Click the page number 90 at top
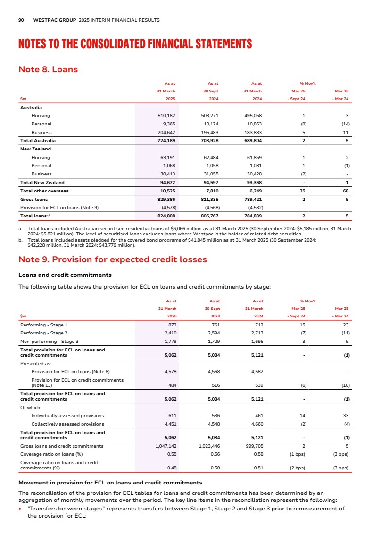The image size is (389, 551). coord(21,20)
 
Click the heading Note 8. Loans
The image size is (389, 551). coord(48,70)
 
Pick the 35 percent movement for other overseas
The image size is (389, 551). coord(304,191)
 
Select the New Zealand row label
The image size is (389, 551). coord(34,149)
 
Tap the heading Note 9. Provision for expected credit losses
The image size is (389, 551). coord(112,260)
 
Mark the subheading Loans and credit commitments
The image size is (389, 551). coord(65,275)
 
